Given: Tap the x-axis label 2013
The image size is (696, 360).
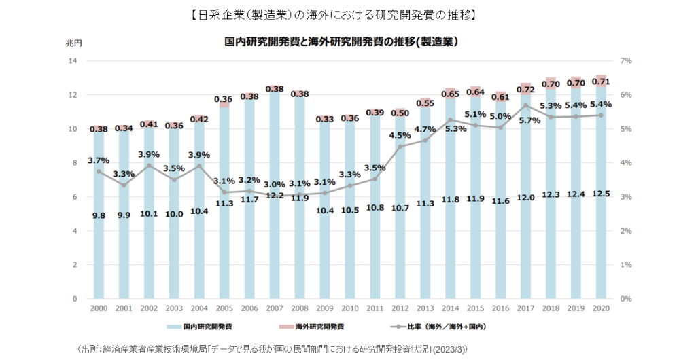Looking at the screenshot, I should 425,309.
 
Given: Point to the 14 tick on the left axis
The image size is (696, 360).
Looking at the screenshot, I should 71,60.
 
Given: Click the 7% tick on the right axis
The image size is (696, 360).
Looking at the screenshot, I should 627,60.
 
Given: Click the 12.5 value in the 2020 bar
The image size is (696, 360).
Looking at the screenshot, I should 602,194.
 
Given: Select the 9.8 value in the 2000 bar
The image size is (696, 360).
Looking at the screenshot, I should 99,215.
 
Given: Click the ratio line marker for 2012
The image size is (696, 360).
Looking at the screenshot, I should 400,146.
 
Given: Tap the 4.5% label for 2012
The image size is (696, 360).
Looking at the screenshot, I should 400,134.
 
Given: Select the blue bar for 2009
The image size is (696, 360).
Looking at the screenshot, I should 325,258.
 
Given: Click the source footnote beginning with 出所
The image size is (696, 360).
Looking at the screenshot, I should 273,348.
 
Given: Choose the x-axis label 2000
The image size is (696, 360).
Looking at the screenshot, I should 99,309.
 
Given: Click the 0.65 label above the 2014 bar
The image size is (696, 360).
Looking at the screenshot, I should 451,94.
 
